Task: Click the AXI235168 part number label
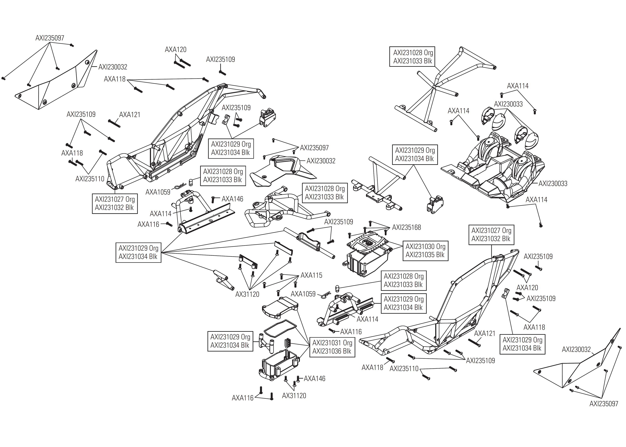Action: click(406, 227)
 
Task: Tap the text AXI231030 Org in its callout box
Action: click(425, 246)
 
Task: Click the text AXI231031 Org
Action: click(332, 343)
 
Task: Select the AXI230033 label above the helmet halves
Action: click(508, 104)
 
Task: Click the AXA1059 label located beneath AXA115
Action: click(303, 294)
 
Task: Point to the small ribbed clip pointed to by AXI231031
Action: click(288, 343)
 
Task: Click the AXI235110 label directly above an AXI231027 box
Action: click(90, 179)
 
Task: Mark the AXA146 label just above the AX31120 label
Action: click(314, 379)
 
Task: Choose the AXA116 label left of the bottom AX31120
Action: click(242, 398)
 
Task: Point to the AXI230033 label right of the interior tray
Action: click(553, 184)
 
